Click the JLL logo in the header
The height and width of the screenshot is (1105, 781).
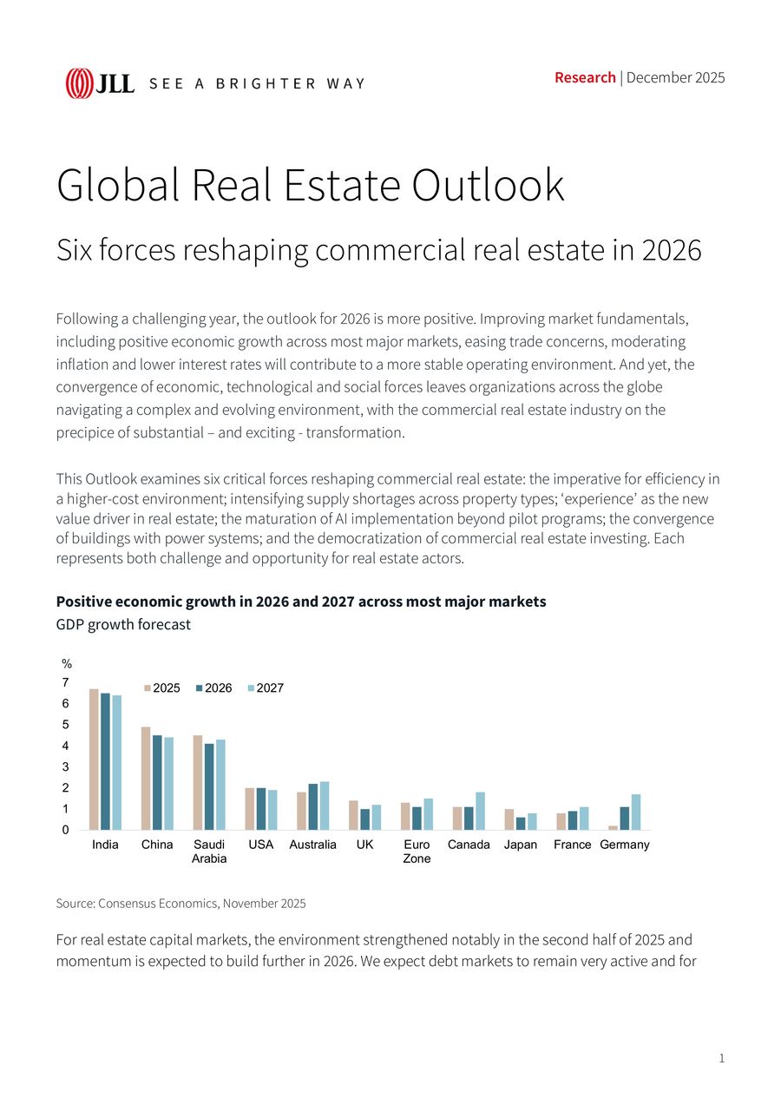tap(100, 83)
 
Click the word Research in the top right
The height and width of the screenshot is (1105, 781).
tap(585, 77)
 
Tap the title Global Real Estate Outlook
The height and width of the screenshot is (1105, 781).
tap(310, 185)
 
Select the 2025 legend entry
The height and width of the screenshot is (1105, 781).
tap(161, 688)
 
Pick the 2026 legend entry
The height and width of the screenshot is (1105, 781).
tap(213, 688)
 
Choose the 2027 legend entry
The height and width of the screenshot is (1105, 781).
tap(266, 688)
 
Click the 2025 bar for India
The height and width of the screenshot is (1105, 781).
tap(94, 760)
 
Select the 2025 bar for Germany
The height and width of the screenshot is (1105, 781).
tap(613, 827)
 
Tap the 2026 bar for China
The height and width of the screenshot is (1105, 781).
tap(157, 782)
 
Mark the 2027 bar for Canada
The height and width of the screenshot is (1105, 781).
tap(480, 811)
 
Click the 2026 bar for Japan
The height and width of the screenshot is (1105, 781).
tap(521, 824)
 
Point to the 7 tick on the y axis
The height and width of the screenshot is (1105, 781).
tap(66, 682)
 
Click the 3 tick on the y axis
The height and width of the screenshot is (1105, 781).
tap(66, 767)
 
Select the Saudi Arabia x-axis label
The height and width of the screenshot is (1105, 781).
tap(209, 852)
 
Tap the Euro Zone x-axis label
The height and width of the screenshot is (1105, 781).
tap(417, 852)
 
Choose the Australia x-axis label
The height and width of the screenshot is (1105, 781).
tap(312, 845)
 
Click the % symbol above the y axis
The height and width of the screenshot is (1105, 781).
tap(67, 664)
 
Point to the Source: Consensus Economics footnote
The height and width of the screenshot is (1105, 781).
tap(180, 904)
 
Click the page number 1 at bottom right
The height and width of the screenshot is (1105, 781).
tap(721, 1058)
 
